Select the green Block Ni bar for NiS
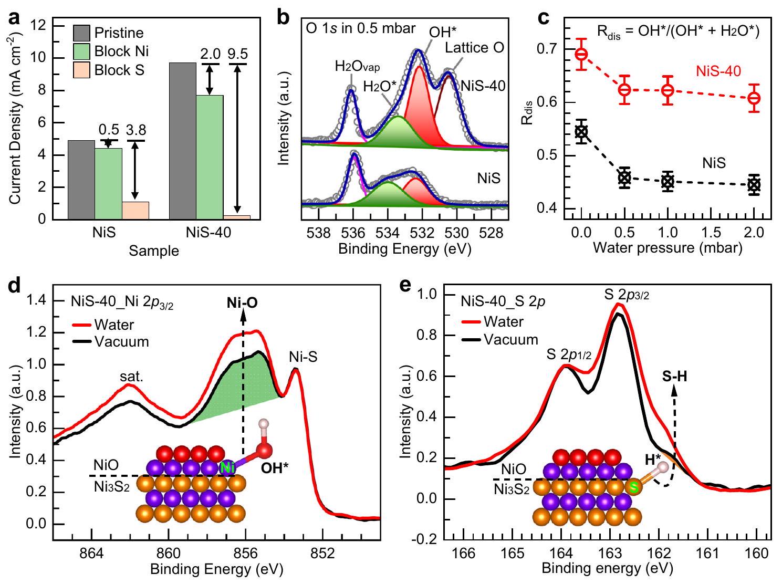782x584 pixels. click(x=108, y=183)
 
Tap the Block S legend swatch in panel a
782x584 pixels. click(x=81, y=70)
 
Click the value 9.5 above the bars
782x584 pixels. click(x=238, y=55)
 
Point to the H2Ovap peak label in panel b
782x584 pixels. click(x=357, y=67)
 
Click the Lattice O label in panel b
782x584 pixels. click(x=474, y=48)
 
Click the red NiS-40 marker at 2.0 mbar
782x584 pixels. click(x=754, y=98)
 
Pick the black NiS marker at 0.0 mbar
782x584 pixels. click(x=581, y=131)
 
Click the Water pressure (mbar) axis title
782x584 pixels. click(x=668, y=248)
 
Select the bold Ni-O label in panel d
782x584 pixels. click(x=243, y=303)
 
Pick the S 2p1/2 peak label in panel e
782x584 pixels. click(x=569, y=355)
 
